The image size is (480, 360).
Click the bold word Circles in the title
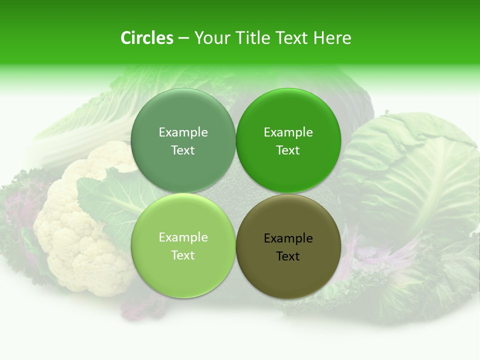pos(147,38)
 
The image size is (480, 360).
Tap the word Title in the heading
pos(252,38)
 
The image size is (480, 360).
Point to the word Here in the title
pos(332,38)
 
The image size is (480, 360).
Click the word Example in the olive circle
pos(288,238)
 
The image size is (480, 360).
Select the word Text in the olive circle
pos(288,256)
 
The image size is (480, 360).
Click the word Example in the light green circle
pos(183,237)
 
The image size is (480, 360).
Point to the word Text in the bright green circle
pos(288,150)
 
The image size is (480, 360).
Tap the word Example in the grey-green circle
pos(183,132)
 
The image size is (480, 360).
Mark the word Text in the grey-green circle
pos(183,150)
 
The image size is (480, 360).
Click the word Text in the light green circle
pos(183,255)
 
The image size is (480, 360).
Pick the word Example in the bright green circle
pos(288,132)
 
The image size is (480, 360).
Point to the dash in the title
pos(183,38)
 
